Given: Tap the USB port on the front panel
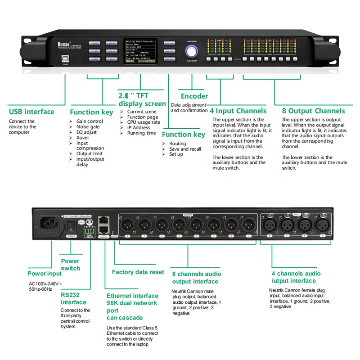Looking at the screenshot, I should pyautogui.click(x=65, y=58).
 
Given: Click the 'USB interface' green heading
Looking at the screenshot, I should pyautogui.click(x=31, y=112).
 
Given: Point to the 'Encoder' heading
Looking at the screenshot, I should pyautogui.click(x=194, y=96).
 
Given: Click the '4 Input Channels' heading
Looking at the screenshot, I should pyautogui.click(x=238, y=111).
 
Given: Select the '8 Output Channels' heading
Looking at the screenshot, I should pyautogui.click(x=313, y=111).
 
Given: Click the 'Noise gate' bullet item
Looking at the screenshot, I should pyautogui.click(x=88, y=127).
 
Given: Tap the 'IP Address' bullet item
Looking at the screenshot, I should pyautogui.click(x=138, y=128).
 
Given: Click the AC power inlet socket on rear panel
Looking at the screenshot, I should pyautogui.click(x=50, y=223).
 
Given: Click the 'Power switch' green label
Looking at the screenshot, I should pyautogui.click(x=70, y=265).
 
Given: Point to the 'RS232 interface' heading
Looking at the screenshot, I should pyautogui.click(x=73, y=299).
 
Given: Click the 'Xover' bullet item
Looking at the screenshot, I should pyautogui.click(x=83, y=138).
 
